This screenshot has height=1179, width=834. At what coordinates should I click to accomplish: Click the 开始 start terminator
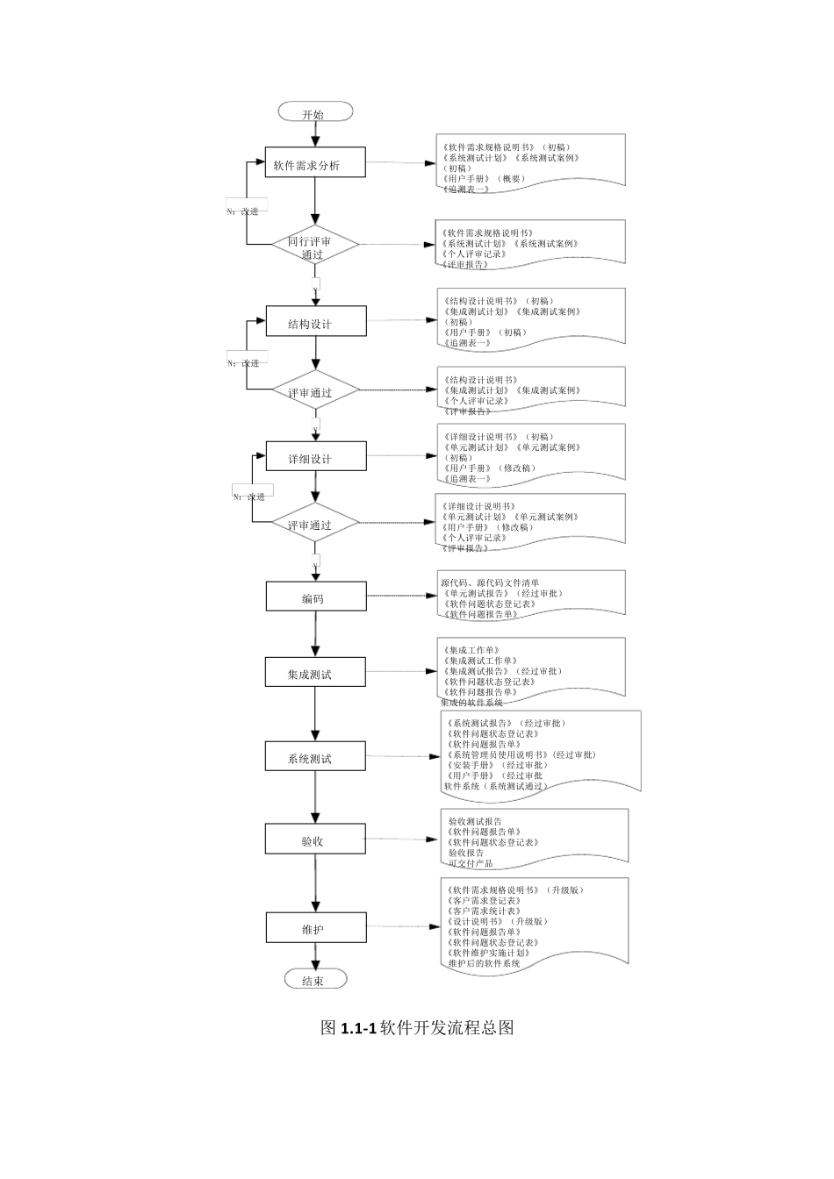click(315, 112)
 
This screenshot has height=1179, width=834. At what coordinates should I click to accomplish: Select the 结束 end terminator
click(315, 980)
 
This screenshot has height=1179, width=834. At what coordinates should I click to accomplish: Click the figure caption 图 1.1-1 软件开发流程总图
click(417, 1027)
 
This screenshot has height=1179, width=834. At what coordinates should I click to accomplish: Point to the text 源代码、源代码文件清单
click(490, 582)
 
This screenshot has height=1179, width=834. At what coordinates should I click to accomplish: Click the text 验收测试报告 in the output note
click(475, 821)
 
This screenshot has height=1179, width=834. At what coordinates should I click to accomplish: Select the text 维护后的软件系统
click(484, 963)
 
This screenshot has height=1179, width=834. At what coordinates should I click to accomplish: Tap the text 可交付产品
click(471, 863)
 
